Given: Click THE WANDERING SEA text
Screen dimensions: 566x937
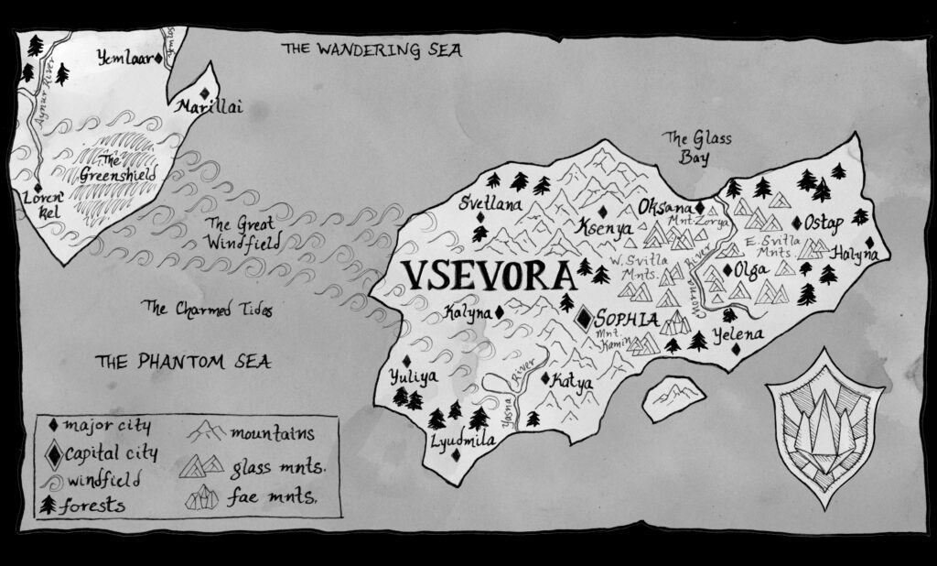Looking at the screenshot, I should point(371,49).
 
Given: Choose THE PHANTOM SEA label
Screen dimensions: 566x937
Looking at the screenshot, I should point(183,362).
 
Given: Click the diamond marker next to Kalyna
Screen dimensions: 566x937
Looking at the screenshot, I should point(501,313).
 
